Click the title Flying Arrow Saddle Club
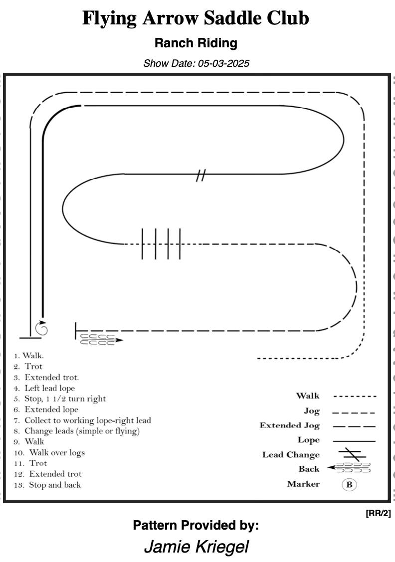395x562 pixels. coord(196,18)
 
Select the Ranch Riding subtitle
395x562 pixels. coord(196,43)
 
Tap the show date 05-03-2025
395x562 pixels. coord(223,63)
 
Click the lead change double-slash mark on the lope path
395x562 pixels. coord(201,175)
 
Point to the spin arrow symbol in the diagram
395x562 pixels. coord(41,328)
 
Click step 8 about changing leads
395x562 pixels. coord(77,431)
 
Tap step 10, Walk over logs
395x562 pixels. coord(49,453)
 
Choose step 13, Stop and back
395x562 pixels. coord(47,485)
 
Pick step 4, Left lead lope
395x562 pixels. coord(44,388)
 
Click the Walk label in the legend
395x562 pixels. coord(308,396)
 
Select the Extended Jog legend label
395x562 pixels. coord(290,425)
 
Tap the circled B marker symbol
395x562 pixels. coord(349,485)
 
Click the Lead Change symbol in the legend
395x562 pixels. coord(352,454)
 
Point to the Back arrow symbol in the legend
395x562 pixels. coord(349,468)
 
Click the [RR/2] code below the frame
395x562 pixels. coord(378,513)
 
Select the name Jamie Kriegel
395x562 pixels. coord(196,547)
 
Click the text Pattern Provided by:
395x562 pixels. coord(196,526)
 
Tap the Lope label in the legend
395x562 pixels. coord(309,440)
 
